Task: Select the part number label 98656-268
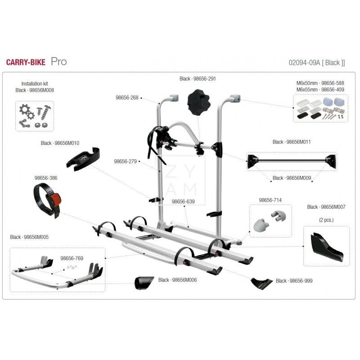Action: tap(127, 98)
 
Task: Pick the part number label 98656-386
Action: tap(46, 178)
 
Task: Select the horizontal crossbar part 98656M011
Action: tap(291, 160)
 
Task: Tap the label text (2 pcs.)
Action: tap(327, 220)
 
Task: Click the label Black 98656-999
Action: tap(294, 281)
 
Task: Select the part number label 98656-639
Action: tap(183, 202)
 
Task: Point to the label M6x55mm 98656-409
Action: tap(320, 90)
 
